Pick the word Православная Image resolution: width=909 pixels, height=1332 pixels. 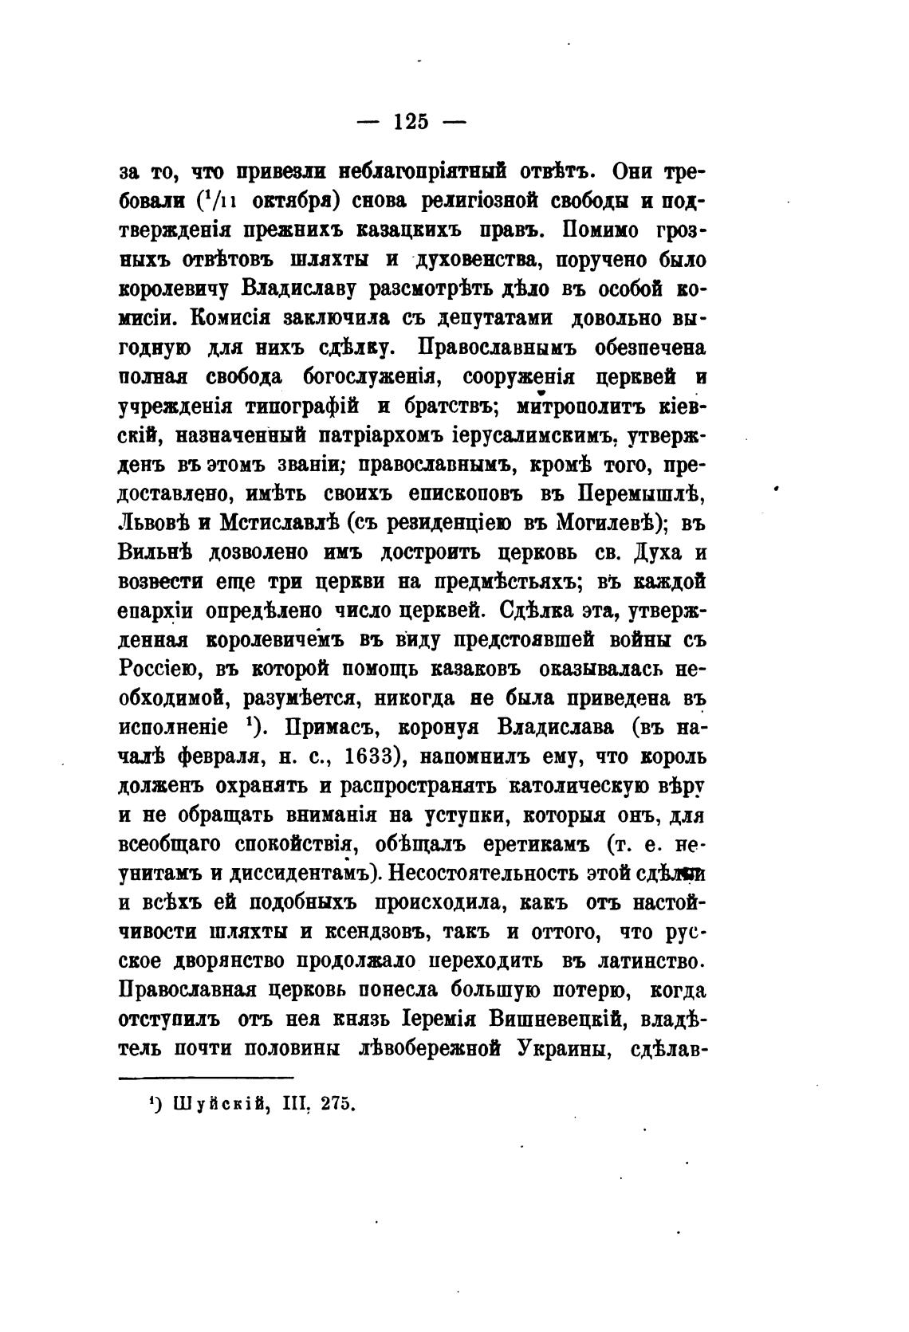(188, 991)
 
